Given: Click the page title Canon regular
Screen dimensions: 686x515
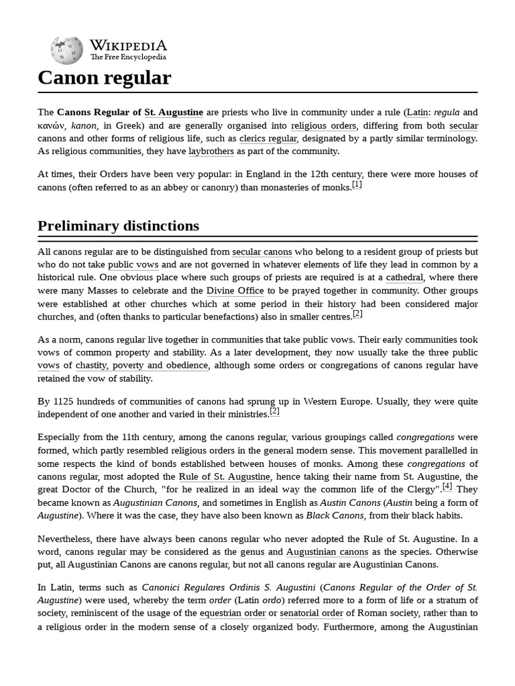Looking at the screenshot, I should tap(105, 78).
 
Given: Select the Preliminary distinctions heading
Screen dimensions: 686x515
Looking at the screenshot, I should tap(118, 226).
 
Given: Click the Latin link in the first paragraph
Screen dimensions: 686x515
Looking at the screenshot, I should tap(418, 112).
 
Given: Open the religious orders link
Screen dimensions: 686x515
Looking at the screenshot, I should tap(324, 125).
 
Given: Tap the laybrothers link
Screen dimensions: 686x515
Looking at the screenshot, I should tap(211, 151).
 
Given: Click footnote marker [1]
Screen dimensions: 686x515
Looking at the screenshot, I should tap(357, 185).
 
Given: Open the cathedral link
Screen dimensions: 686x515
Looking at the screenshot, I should tap(404, 277).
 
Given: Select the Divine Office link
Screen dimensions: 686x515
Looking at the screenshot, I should tap(235, 291).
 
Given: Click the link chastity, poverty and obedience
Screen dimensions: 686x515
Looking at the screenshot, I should tap(142, 365).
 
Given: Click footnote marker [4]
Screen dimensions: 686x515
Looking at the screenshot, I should tap(447, 486).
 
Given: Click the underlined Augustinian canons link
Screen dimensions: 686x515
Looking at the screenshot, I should tap(327, 552).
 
